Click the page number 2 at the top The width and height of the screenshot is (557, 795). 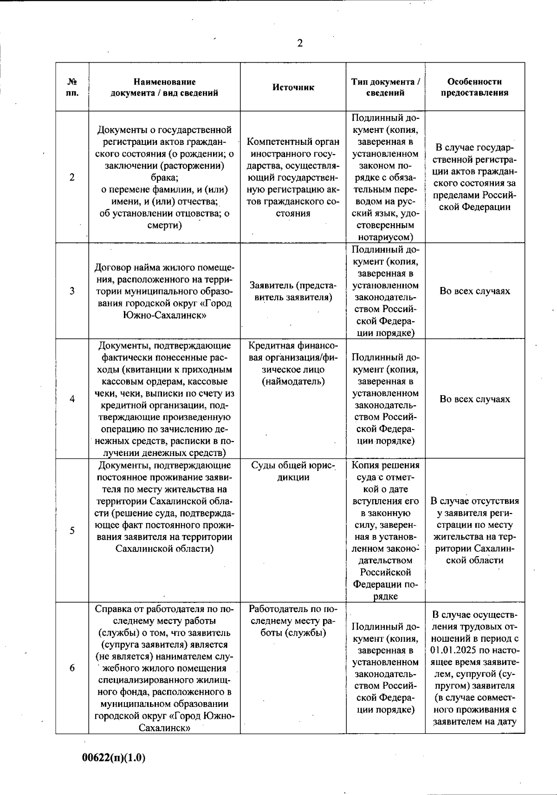point(300,44)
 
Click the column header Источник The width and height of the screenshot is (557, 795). point(293,87)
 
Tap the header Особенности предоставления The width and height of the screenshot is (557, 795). point(474,87)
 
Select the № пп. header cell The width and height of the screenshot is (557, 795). point(72,87)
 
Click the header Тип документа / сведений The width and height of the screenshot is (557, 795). point(386,87)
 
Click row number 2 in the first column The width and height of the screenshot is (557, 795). point(72,177)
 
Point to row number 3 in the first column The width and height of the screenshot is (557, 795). point(72,291)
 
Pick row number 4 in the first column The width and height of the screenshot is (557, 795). point(72,399)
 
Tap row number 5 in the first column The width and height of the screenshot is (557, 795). point(72,531)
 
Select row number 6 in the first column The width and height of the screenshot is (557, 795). point(72,668)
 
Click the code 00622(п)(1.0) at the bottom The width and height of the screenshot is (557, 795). point(114,758)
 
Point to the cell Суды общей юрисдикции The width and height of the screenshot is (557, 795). point(293,471)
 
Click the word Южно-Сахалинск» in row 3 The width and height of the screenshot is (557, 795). point(165,315)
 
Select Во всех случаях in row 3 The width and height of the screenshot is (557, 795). point(474,291)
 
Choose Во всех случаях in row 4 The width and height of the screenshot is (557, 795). point(474,399)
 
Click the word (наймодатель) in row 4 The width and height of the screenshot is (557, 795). point(293,382)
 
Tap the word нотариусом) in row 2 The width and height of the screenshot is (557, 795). point(386,237)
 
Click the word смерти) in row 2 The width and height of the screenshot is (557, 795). point(165,225)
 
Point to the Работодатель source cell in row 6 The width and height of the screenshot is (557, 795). point(293,620)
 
